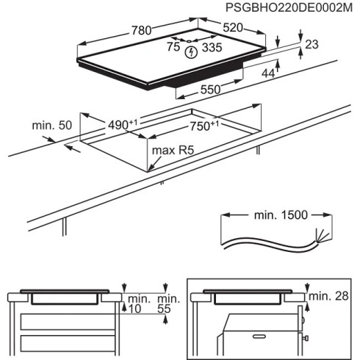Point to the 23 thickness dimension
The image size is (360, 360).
tap(311, 45)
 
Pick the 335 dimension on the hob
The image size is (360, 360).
tap(212, 48)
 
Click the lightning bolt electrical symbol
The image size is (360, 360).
tap(192, 52)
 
